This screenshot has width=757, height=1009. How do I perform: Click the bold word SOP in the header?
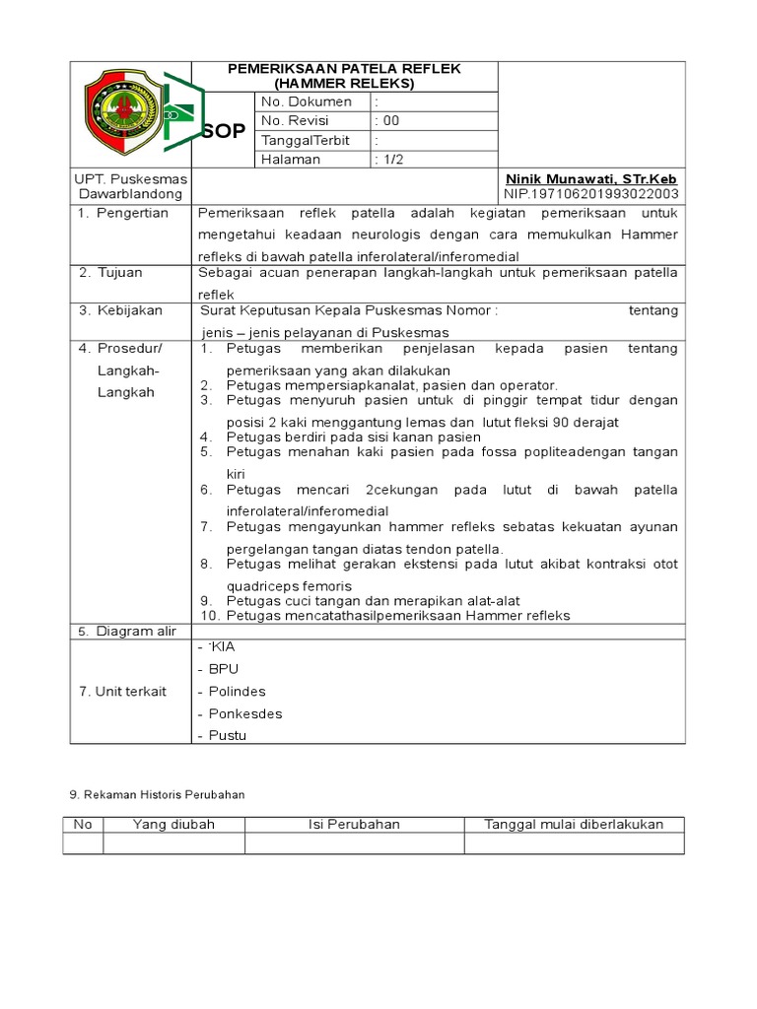click(x=223, y=131)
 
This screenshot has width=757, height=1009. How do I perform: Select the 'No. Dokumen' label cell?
click(x=306, y=101)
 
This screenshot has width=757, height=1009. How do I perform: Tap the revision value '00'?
click(x=389, y=121)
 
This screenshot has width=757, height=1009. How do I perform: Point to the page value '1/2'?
click(x=391, y=160)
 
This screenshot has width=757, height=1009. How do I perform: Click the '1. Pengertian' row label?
click(x=124, y=213)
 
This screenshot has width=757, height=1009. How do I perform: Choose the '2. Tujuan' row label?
click(x=111, y=272)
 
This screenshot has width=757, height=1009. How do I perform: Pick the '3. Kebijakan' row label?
click(x=120, y=310)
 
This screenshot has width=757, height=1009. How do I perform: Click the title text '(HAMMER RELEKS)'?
click(x=344, y=84)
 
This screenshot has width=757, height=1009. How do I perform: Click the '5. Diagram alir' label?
click(x=127, y=632)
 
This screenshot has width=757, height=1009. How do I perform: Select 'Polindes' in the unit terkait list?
click(x=237, y=692)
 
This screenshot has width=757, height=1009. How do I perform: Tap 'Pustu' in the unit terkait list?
click(x=227, y=735)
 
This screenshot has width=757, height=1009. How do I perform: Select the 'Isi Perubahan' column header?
click(x=351, y=824)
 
